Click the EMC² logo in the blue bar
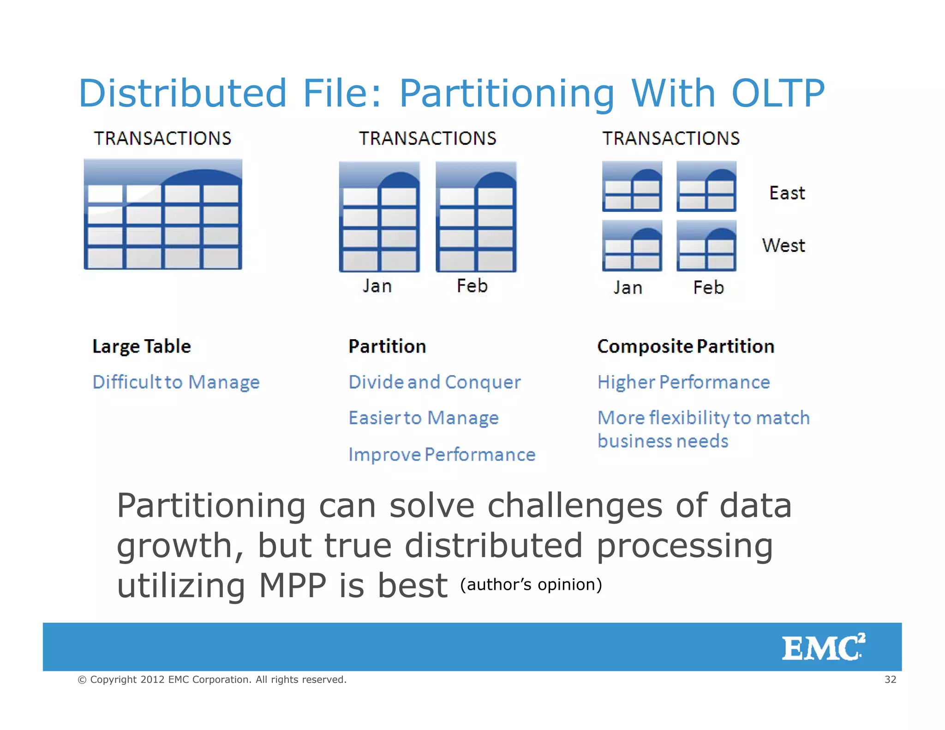click(x=823, y=647)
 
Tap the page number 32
click(x=890, y=679)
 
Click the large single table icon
click(x=163, y=215)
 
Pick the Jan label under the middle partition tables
click(x=377, y=286)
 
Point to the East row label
click(x=787, y=193)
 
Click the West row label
click(x=783, y=245)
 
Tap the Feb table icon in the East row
click(x=706, y=187)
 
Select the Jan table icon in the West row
click(x=632, y=246)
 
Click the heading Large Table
click(x=141, y=347)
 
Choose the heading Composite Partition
click(x=685, y=347)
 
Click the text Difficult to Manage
click(x=176, y=383)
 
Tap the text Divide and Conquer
click(x=434, y=383)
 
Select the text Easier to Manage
click(x=423, y=418)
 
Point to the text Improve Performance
click(x=442, y=455)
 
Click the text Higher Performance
click(x=683, y=383)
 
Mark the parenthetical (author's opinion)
click(x=531, y=585)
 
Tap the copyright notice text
click(x=212, y=679)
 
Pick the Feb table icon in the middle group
click(x=476, y=217)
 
